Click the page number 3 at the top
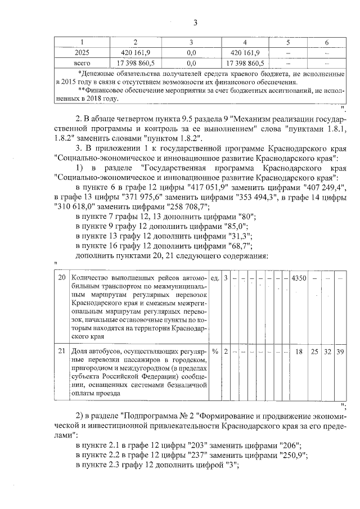[x=195, y=23]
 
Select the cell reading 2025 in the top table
[x=83, y=52]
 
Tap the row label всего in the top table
[x=83, y=62]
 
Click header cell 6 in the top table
[x=327, y=43]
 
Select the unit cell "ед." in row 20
[x=215, y=279]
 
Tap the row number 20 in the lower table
[x=62, y=279]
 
